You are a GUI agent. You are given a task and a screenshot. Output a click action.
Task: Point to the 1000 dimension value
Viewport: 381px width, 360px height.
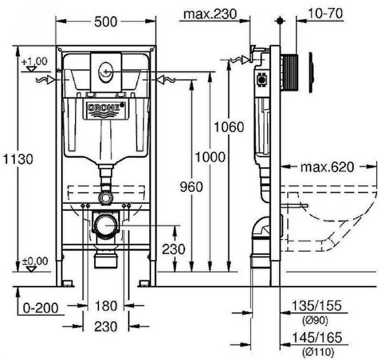[210, 157]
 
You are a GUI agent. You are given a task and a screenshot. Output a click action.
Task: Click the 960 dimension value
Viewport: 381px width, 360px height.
[190, 187]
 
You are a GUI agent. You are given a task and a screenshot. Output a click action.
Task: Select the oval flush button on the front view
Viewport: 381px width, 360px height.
[106, 70]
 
